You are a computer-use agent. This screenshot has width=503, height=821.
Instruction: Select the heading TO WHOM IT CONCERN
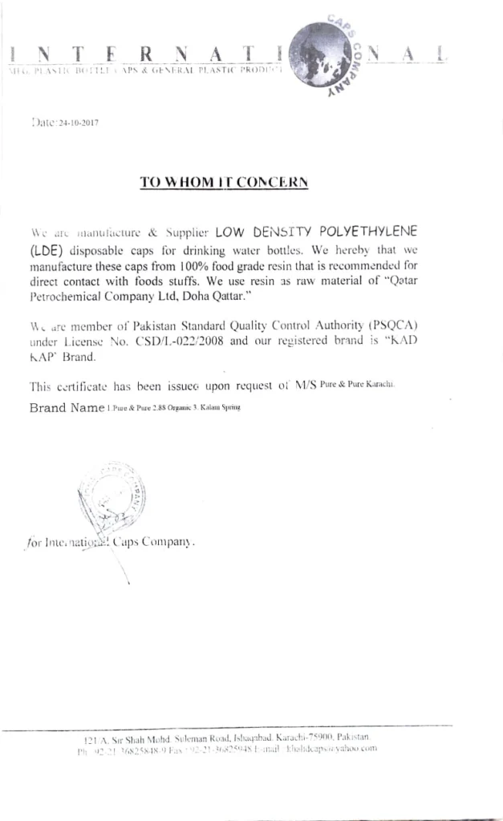point(224,183)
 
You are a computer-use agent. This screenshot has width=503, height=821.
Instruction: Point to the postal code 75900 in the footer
point(309,737)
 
